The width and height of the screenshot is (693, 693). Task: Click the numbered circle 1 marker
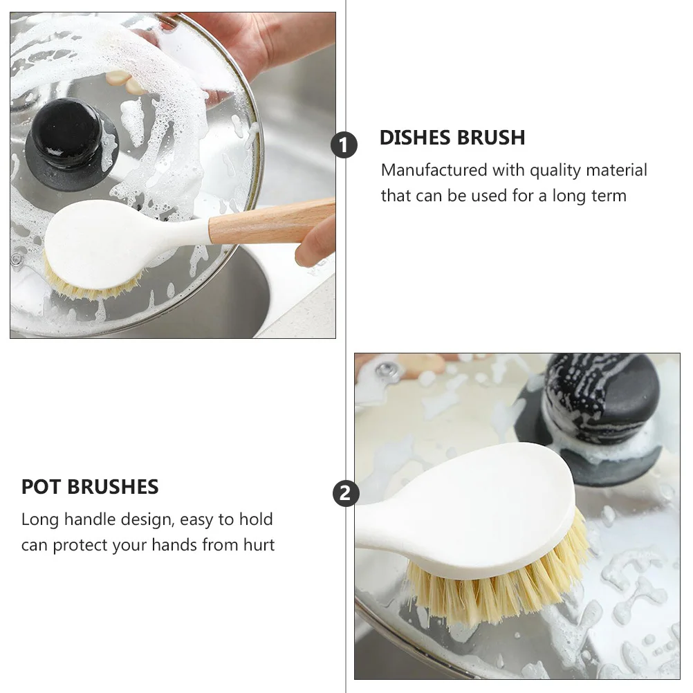pos(344,145)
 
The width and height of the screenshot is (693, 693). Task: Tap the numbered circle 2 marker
pos(346,494)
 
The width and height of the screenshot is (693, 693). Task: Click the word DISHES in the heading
pos(413,138)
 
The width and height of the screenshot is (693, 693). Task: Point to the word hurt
pos(258,545)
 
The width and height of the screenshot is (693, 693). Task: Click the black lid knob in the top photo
pos(71,138)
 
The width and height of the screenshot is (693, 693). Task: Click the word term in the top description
pos(609,196)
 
